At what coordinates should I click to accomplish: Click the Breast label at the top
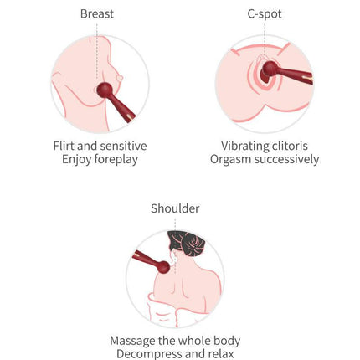[x=97, y=13]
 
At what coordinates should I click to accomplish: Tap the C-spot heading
[x=265, y=14]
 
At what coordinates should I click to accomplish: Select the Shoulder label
[x=175, y=208]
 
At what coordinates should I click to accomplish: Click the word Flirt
[x=64, y=146]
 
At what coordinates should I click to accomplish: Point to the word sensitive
[x=123, y=146]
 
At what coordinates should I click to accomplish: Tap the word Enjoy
[x=77, y=160]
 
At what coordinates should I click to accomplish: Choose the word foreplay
[x=116, y=160]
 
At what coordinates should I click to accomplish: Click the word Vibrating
[x=241, y=146]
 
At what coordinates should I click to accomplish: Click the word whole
[x=194, y=341]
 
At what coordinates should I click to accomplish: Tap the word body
[x=227, y=341]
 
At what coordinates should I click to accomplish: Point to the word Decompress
[x=149, y=354]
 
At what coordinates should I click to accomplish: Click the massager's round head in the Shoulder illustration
[x=162, y=267]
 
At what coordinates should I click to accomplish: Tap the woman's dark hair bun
[x=193, y=244]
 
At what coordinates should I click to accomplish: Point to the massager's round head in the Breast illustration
[x=105, y=90]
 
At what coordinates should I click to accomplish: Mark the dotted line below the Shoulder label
[x=175, y=224]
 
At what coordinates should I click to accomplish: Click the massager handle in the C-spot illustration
[x=296, y=75]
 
